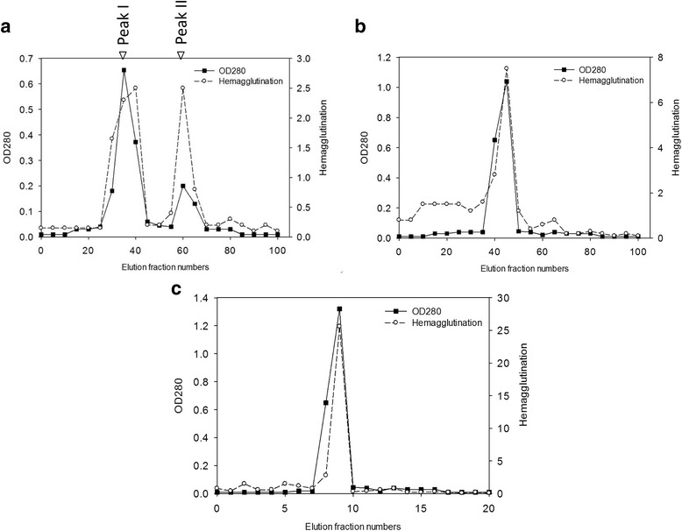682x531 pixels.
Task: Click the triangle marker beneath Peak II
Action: (x=181, y=55)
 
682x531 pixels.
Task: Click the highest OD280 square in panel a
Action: (x=124, y=70)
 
